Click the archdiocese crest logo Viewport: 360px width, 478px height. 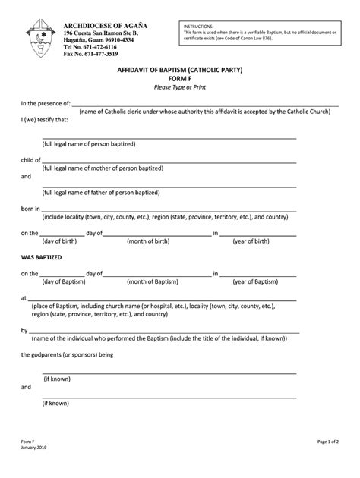(x=40, y=39)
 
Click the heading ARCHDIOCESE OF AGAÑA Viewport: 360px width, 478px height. (x=106, y=26)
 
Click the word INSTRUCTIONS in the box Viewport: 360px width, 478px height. (x=199, y=26)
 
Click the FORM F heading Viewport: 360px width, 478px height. (x=180, y=78)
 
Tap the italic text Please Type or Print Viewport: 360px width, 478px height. (x=180, y=87)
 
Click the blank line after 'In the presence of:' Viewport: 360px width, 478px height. (x=190, y=104)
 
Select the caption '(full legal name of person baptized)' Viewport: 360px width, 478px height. (x=89, y=143)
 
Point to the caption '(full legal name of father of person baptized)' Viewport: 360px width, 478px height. (x=101, y=192)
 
